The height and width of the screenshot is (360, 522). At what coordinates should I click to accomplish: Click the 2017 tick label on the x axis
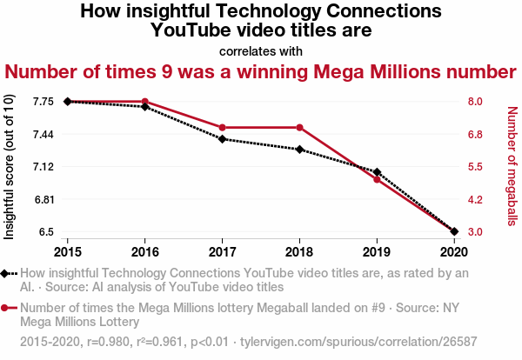point(223,251)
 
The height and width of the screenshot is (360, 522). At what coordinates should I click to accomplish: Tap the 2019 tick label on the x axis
point(377,251)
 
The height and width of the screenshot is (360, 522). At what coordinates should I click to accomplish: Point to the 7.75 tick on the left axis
point(43,102)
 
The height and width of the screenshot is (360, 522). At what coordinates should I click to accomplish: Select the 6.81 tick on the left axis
point(43,199)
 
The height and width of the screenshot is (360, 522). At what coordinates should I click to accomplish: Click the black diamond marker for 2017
point(223,139)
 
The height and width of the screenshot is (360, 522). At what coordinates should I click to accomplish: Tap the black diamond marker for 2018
point(299,150)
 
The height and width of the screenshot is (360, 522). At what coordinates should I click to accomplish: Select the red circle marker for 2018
point(299,128)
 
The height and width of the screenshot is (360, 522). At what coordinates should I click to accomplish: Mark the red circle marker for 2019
point(377,179)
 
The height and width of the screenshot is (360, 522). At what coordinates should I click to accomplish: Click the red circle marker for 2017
point(223,128)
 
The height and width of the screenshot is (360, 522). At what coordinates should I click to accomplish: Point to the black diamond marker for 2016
point(145,107)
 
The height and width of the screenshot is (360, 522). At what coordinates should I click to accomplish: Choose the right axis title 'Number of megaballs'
point(512,167)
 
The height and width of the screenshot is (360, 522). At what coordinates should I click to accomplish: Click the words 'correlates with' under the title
point(261,51)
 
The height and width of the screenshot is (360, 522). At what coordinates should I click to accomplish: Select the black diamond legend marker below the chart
point(7,273)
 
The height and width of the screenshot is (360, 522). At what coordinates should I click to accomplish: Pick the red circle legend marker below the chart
point(7,308)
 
